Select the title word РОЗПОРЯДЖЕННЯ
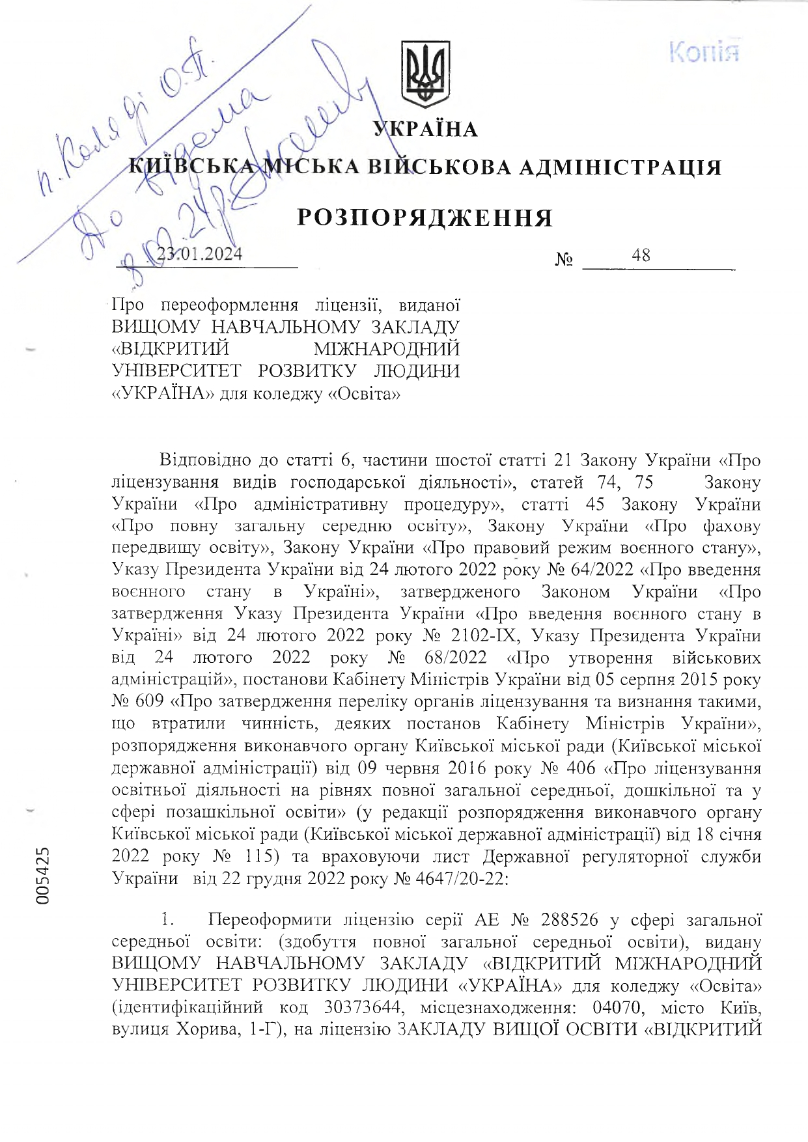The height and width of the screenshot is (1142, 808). [x=425, y=218]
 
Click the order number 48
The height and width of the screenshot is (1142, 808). [x=641, y=255]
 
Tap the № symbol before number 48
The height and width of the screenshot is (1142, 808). [x=564, y=260]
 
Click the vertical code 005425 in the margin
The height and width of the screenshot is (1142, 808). [x=43, y=874]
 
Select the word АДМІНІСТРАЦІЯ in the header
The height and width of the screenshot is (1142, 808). [x=619, y=168]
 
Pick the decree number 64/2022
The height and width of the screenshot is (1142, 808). [x=602, y=570]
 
